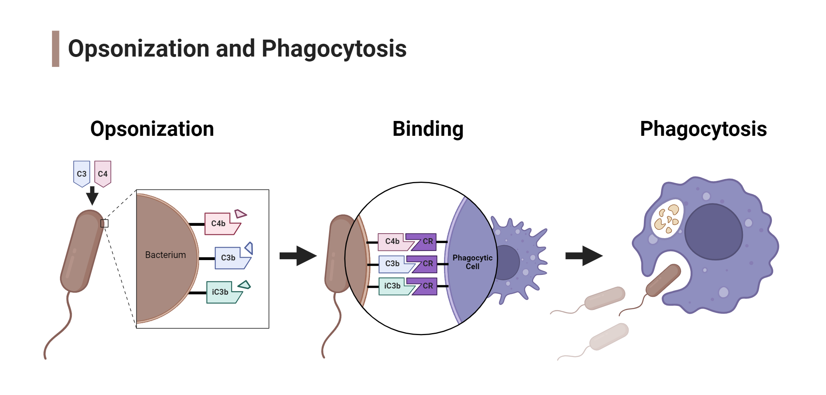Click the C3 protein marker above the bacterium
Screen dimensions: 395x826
pos(81,173)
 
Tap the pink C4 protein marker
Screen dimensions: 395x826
pos(102,173)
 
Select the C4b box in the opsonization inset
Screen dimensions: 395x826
pos(219,223)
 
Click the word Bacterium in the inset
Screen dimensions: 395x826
pos(165,255)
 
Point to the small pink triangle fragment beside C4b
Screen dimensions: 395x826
pos(240,214)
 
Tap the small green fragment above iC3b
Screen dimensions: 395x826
pos(244,285)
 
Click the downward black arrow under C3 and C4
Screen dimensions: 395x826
pos(92,196)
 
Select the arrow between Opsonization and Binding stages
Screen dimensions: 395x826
pos(298,256)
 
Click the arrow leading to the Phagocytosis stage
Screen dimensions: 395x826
pos(584,256)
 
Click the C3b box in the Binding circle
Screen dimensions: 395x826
pos(392,264)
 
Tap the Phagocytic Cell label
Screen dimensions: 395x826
pos(472,262)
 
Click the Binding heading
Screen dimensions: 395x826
pos(428,129)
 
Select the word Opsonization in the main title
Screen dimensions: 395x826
pos(139,49)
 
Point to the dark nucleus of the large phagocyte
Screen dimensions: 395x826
pos(713,232)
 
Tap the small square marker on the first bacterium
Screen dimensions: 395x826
pos(104,223)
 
